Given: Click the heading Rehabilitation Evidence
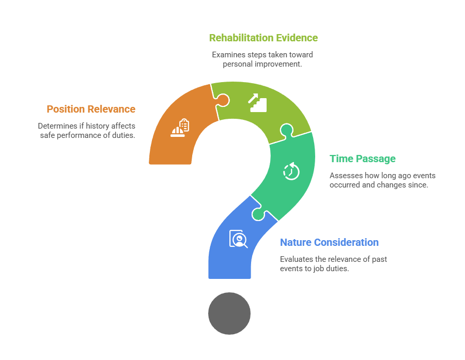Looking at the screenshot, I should [263, 38].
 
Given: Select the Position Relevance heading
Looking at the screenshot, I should [91, 109].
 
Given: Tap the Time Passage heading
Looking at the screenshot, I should [363, 159].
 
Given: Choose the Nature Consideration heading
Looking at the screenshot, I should [329, 242].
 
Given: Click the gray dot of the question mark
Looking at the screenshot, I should [229, 313].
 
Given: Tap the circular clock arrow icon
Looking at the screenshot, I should [291, 170].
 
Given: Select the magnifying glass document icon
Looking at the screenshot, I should [238, 239].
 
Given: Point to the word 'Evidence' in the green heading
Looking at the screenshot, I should [298, 38].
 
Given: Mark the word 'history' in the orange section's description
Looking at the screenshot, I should [99, 126].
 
